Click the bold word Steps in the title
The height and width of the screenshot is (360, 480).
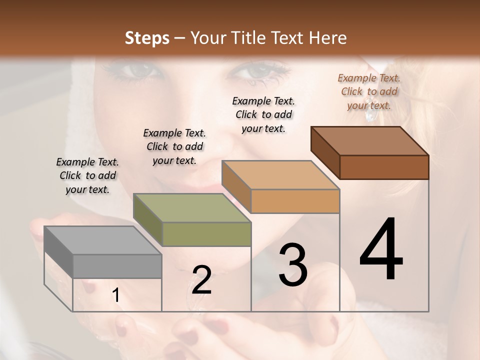click(x=147, y=37)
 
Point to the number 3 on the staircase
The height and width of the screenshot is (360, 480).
click(x=292, y=265)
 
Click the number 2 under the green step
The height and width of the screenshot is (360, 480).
click(x=201, y=280)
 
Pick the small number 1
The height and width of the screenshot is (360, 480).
click(x=116, y=295)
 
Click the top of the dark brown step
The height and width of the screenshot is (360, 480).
click(x=370, y=141)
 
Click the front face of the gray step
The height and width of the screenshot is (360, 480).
click(x=117, y=266)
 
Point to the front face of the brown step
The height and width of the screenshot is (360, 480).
click(x=384, y=167)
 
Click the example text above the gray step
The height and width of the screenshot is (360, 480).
click(x=87, y=175)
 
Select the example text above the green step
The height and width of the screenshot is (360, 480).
click(x=174, y=146)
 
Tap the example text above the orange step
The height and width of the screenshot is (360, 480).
click(x=263, y=114)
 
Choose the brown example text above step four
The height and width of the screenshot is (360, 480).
click(x=369, y=91)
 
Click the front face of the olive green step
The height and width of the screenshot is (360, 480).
click(x=206, y=234)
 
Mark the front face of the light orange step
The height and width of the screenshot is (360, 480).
click(x=295, y=201)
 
